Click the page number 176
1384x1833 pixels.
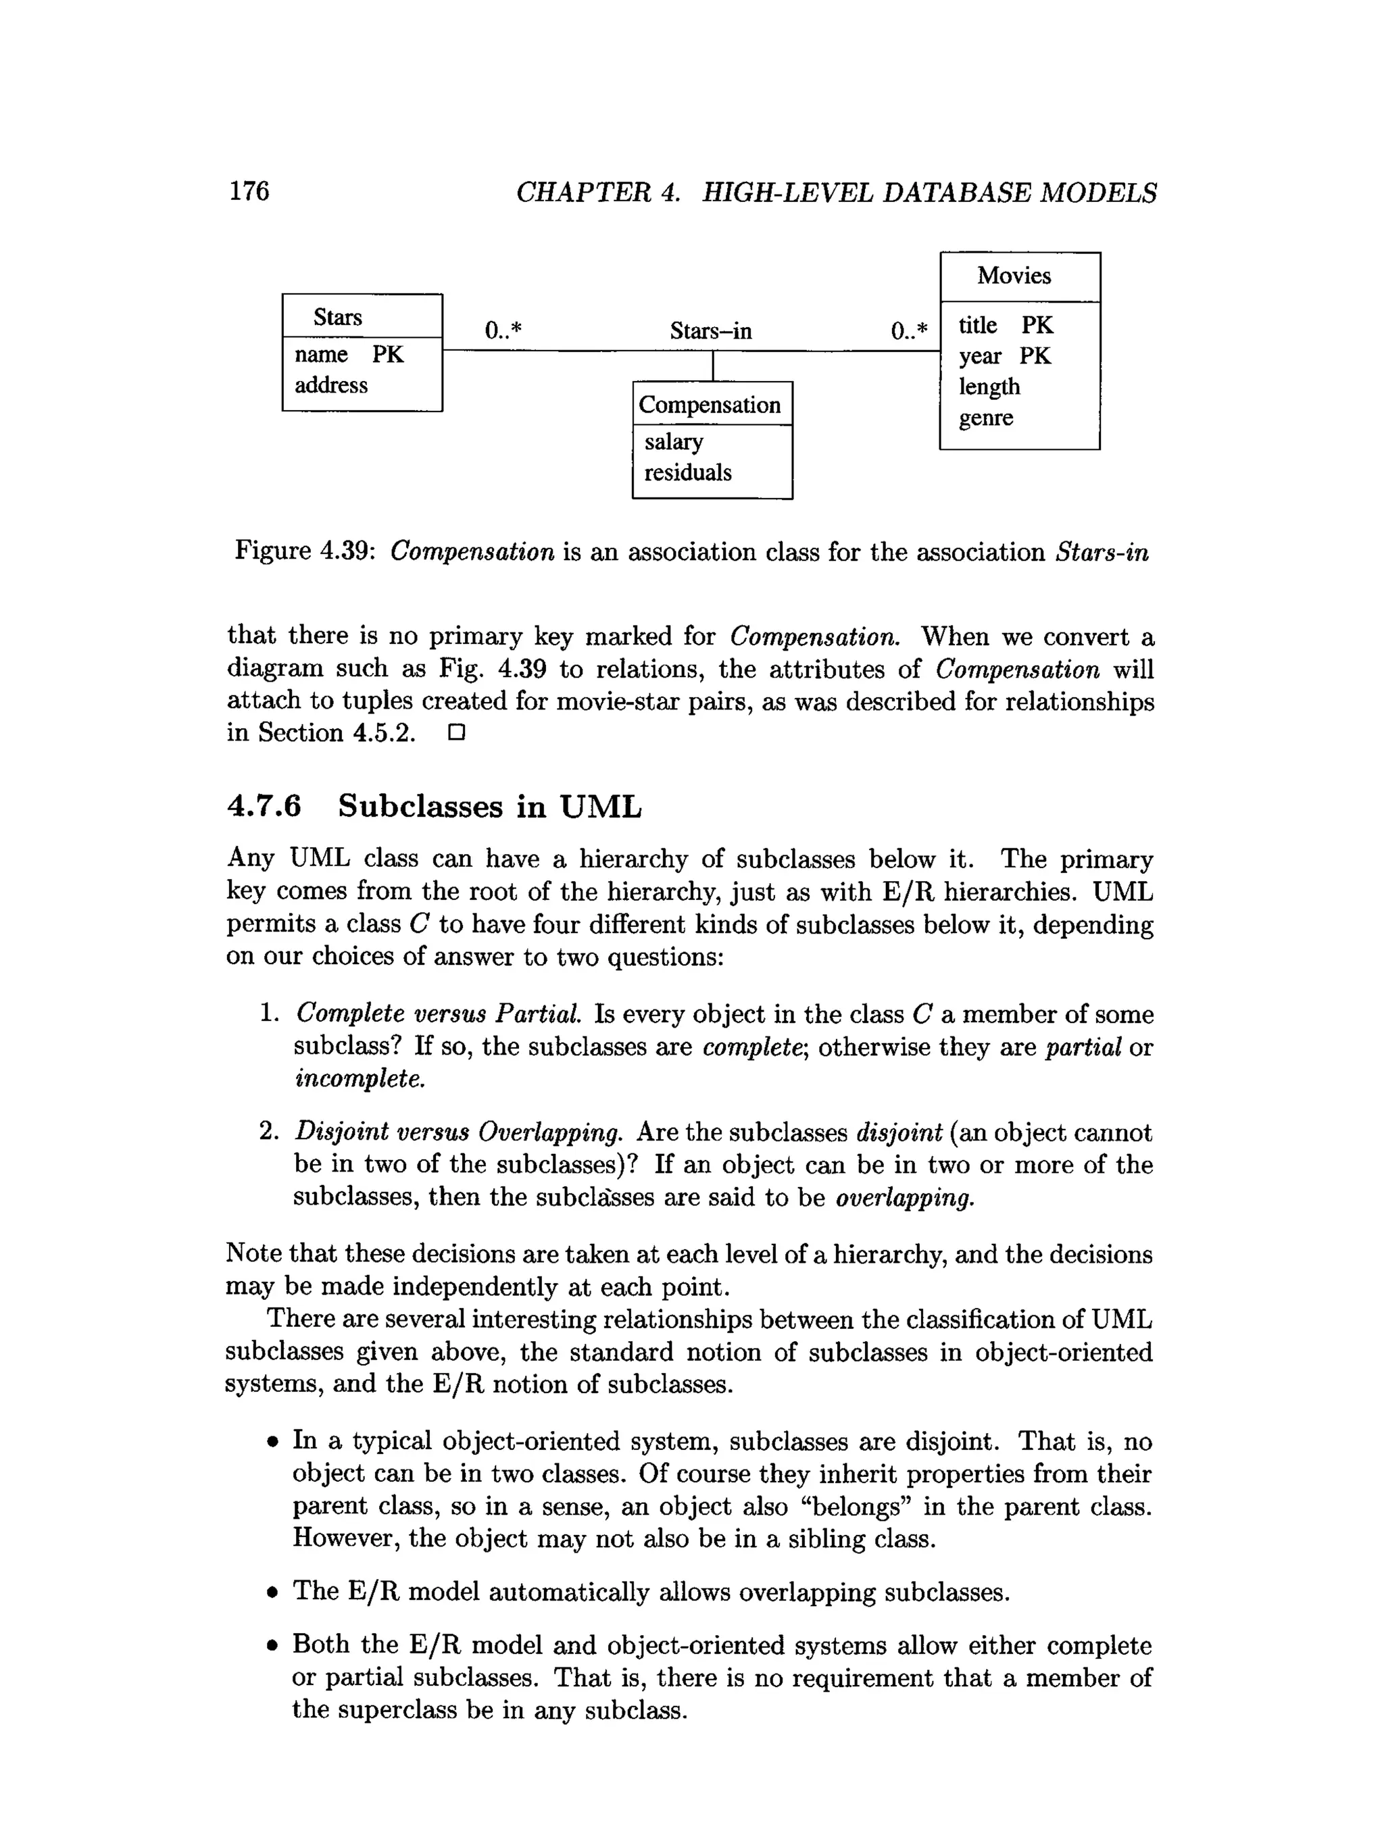pos(249,191)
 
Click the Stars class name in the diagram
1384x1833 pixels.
pos(337,318)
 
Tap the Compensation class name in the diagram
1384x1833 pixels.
pos(710,405)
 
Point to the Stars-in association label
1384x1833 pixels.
pos(710,332)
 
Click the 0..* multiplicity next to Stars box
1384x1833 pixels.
pos(503,332)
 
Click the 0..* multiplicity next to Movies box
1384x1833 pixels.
pos(909,332)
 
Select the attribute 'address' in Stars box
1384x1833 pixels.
pos(330,385)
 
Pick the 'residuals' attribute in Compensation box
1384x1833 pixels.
pos(688,472)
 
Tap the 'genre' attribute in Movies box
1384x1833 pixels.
pos(985,418)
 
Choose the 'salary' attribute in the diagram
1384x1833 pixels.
pos(673,442)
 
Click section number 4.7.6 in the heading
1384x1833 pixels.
pos(264,806)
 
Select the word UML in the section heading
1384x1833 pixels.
pos(600,806)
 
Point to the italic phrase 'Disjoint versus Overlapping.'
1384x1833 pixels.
pos(458,1132)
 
